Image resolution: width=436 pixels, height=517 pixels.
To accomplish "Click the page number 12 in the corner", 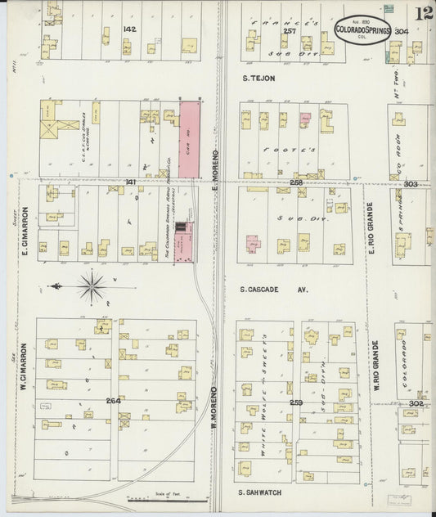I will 424,14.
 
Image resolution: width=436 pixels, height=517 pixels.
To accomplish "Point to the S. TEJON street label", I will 259,79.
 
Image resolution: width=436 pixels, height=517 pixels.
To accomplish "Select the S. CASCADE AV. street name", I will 273,290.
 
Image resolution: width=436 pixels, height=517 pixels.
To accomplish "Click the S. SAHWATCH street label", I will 259,492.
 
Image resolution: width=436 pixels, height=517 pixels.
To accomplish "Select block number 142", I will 128,29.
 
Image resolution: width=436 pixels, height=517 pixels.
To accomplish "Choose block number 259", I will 296,402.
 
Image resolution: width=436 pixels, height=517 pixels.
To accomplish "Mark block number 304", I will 400,32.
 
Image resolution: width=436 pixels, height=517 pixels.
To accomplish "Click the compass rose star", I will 92,286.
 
